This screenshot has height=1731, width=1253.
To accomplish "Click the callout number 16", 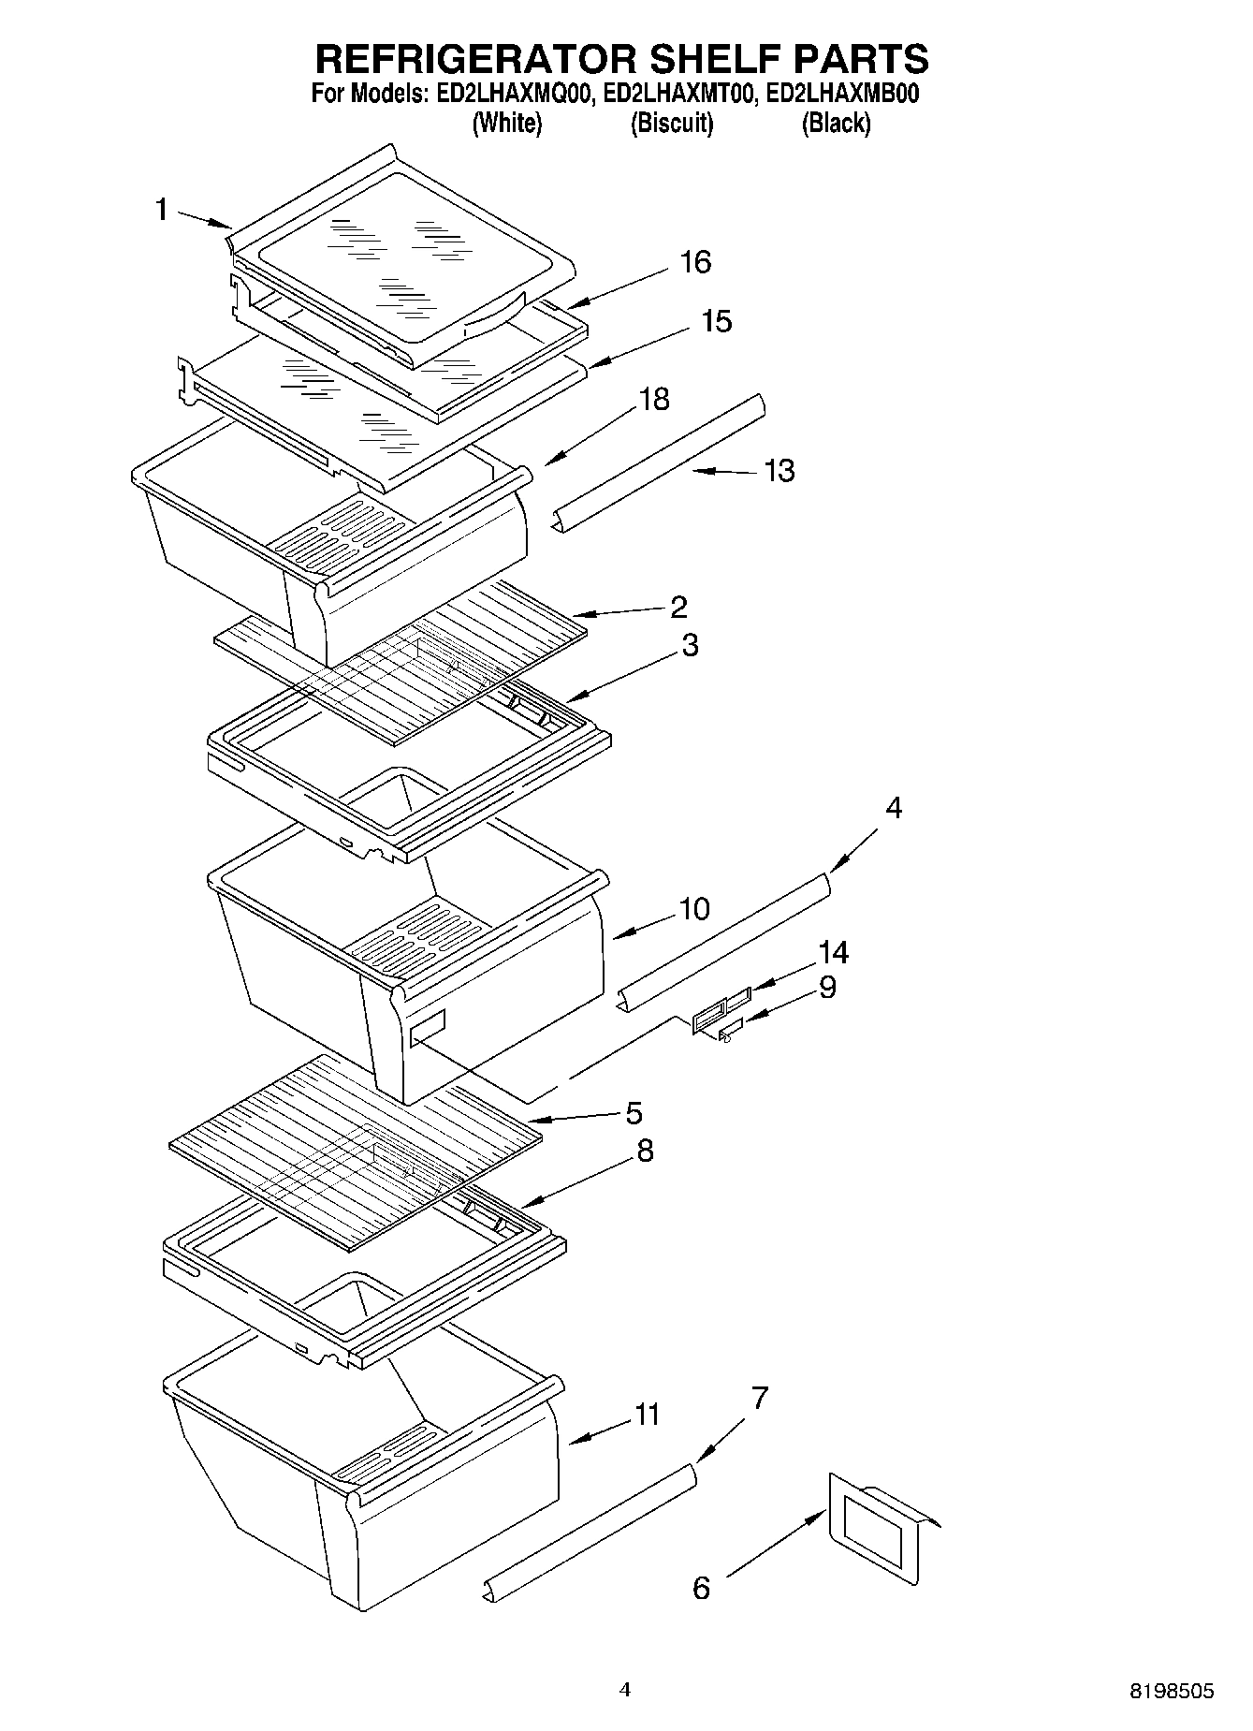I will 695,262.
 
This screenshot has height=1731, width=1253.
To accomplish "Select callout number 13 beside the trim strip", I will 779,470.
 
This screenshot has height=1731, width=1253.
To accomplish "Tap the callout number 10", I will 694,909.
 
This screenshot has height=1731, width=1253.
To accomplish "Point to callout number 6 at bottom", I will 701,1588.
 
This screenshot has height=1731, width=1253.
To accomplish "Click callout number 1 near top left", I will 161,210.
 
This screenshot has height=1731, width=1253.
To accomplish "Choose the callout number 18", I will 654,399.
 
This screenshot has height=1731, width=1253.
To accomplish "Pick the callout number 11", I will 647,1414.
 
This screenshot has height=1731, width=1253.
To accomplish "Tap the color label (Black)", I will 836,123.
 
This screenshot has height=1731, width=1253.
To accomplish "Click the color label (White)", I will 506,123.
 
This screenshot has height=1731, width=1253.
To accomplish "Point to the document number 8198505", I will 1172,1691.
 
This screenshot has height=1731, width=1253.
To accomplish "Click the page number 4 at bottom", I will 625,1690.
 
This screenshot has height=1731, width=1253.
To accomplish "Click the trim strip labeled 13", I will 660,464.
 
